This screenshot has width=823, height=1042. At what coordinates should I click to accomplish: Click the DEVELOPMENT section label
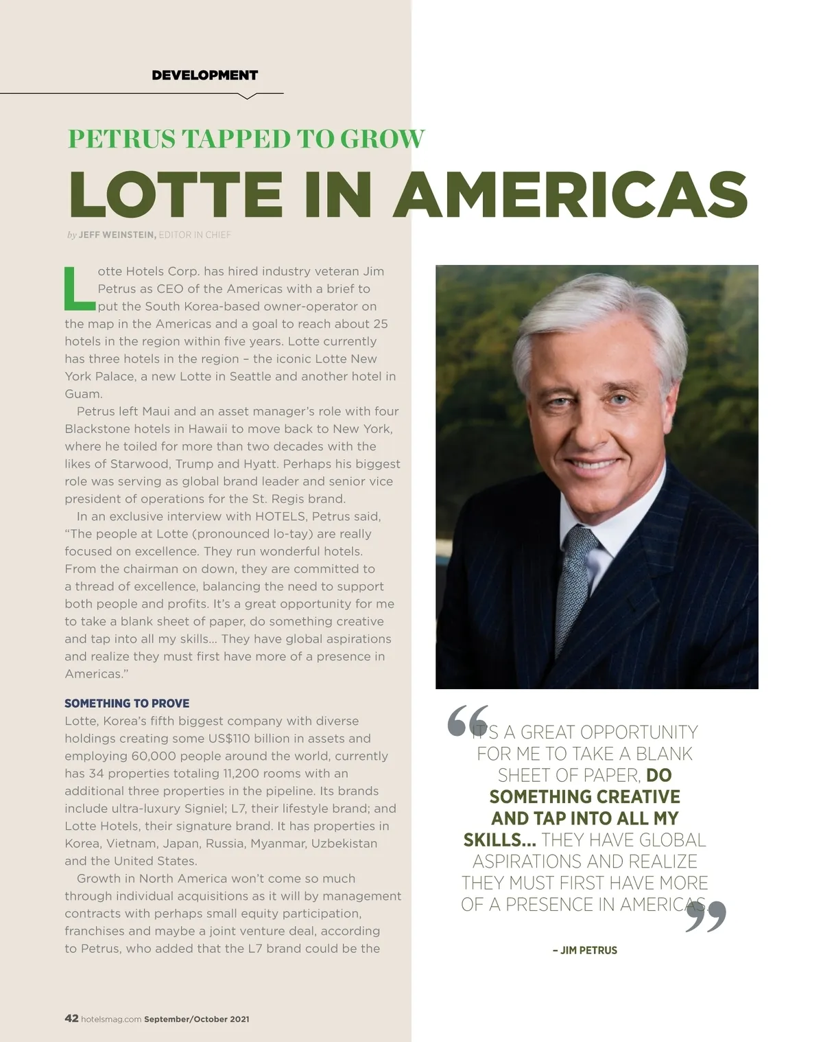click(204, 75)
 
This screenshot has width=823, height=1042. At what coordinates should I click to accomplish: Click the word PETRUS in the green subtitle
click(121, 139)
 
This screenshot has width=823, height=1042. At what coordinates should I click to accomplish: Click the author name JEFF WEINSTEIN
click(117, 235)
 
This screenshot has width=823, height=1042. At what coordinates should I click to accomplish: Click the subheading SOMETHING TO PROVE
click(127, 704)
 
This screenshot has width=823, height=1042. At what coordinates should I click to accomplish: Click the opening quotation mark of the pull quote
click(467, 720)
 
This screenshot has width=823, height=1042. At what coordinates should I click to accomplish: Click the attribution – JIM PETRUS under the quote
click(584, 951)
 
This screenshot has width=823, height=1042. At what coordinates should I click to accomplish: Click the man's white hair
click(604, 323)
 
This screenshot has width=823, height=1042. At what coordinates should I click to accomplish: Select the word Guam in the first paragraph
click(82, 394)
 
